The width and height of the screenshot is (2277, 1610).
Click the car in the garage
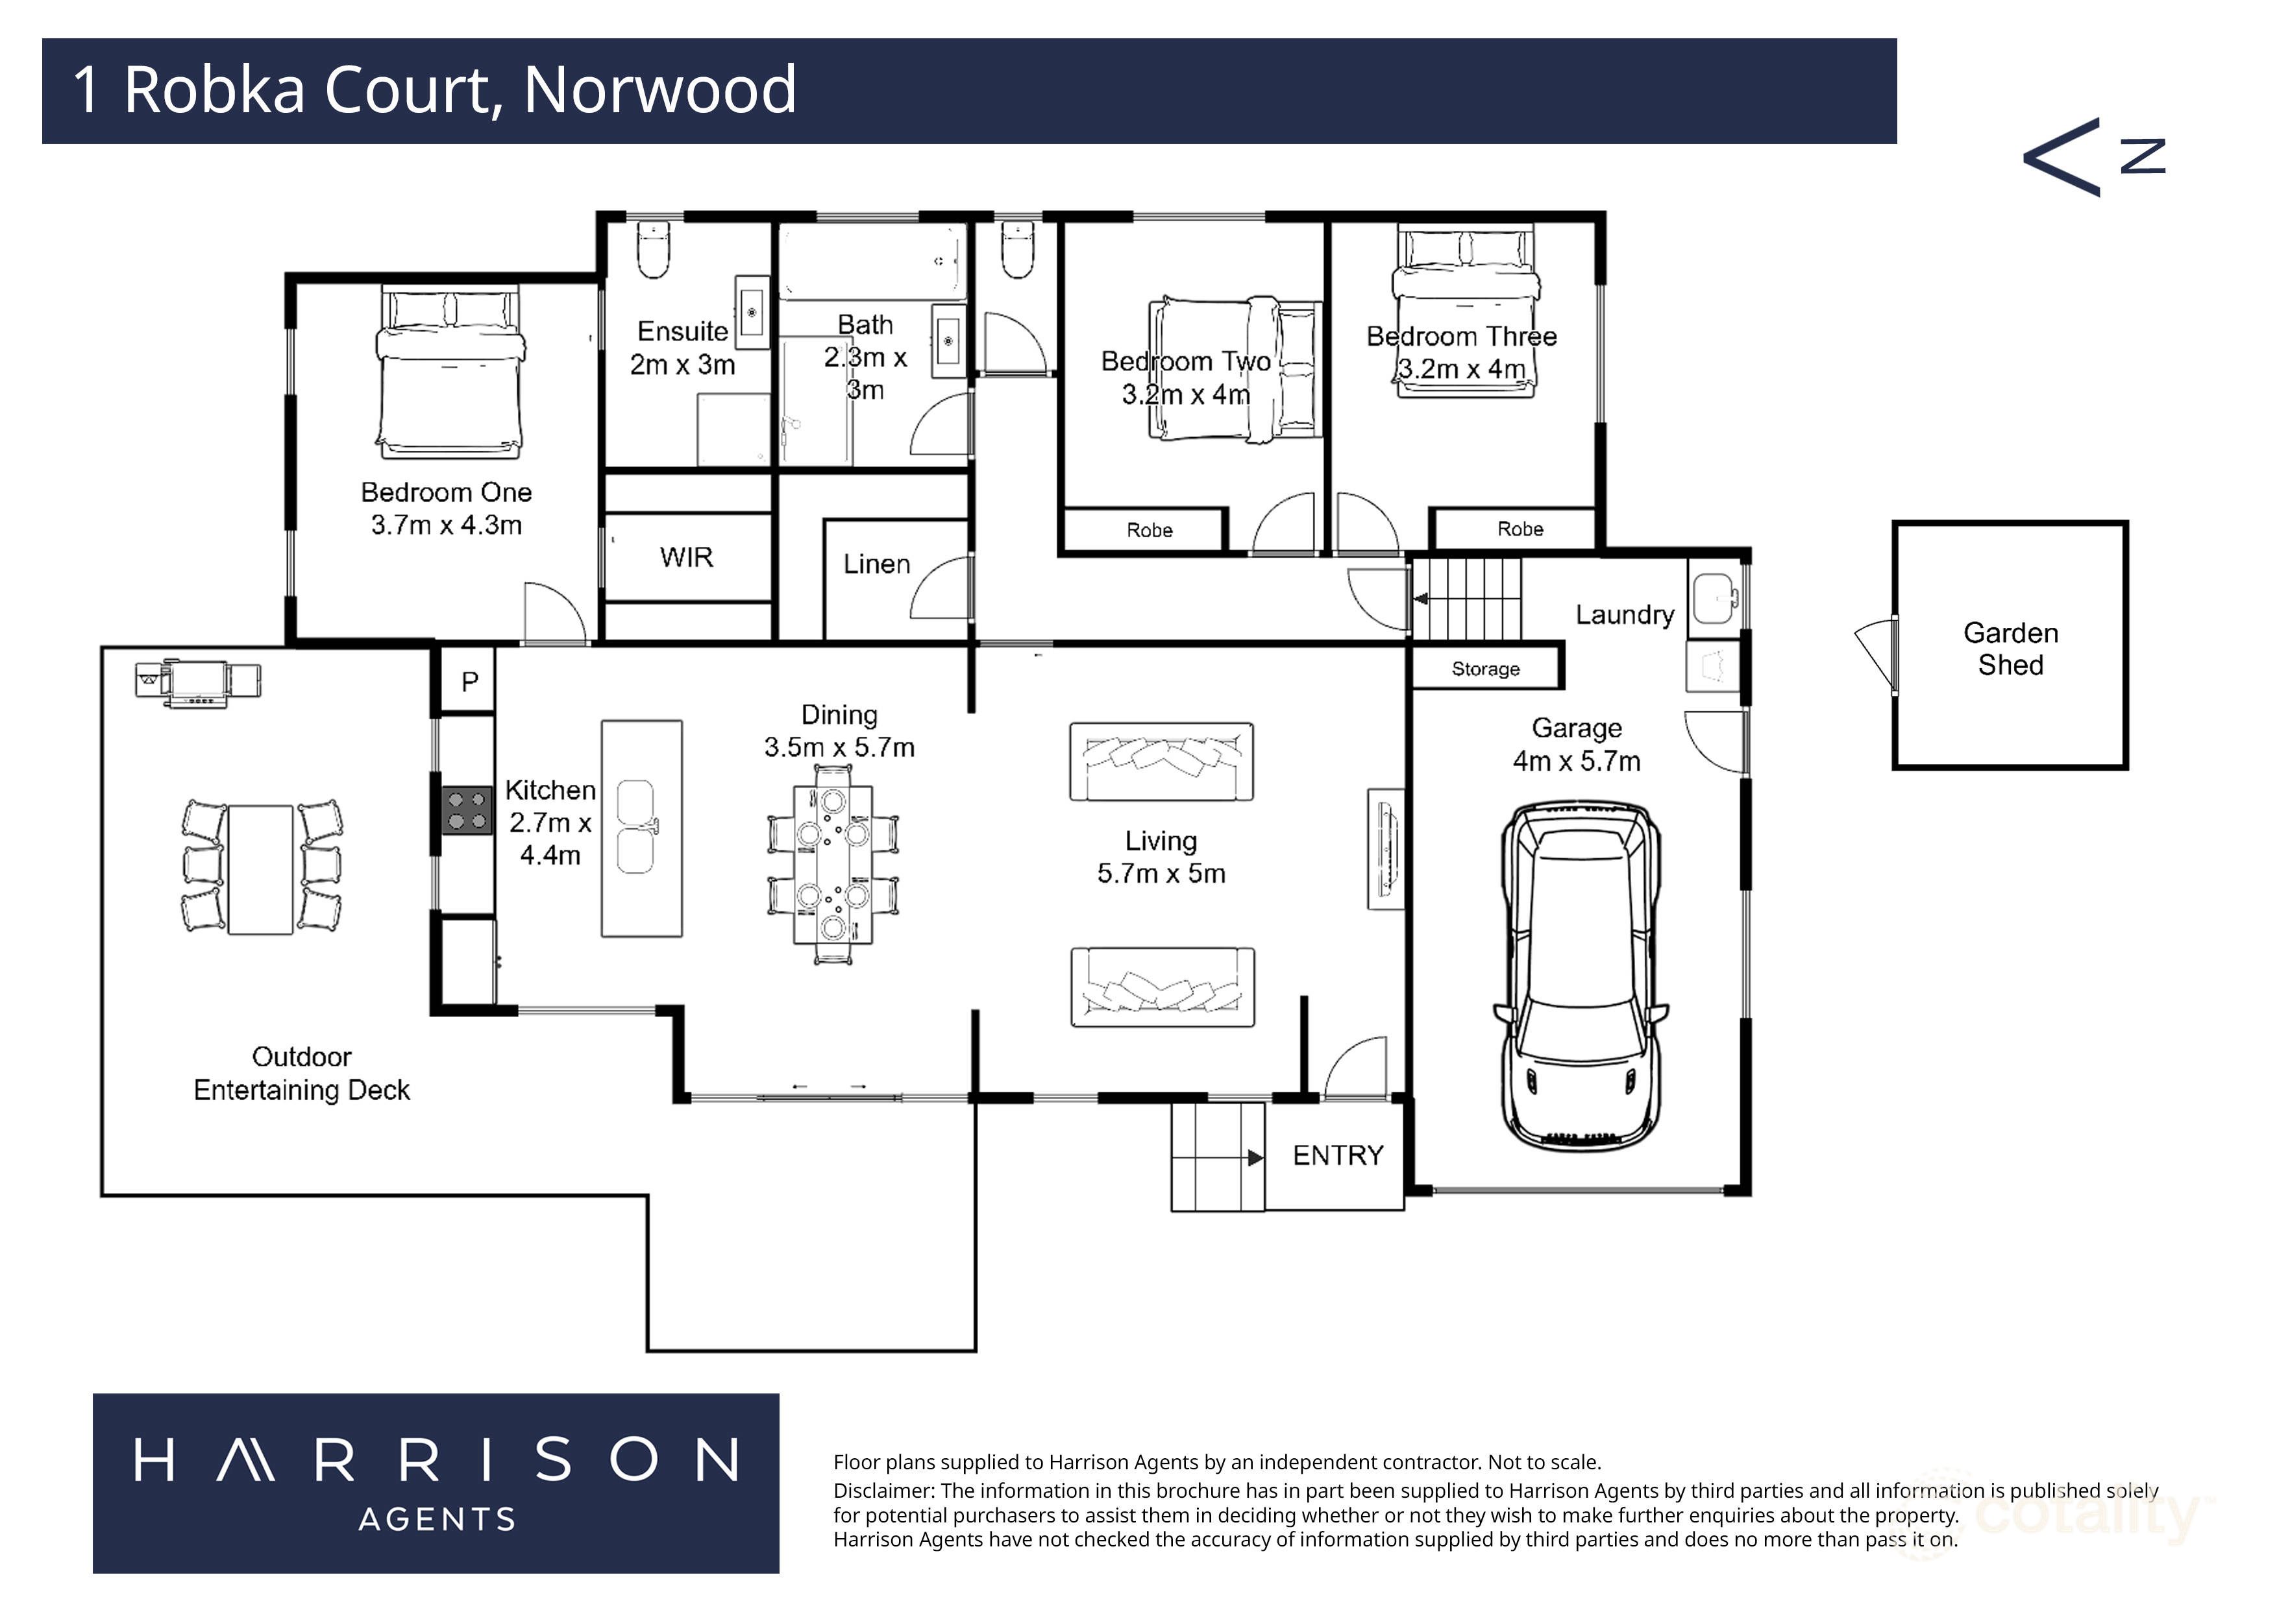tap(1581, 976)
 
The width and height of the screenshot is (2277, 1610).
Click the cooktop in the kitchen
tap(466, 809)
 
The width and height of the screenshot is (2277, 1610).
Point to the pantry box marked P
tap(469, 681)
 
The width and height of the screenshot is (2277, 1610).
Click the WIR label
tap(686, 557)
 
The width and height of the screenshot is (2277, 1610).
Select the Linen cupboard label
tap(877, 564)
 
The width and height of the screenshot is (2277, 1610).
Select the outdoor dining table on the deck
tap(261, 869)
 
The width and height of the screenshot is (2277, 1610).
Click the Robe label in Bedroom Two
tap(1150, 531)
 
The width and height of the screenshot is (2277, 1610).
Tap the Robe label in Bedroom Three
tap(1520, 529)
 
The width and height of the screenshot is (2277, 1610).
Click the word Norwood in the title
tap(659, 90)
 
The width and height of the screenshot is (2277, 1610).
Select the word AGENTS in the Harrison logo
tap(437, 1519)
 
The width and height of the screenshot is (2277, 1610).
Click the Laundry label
tap(1625, 615)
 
